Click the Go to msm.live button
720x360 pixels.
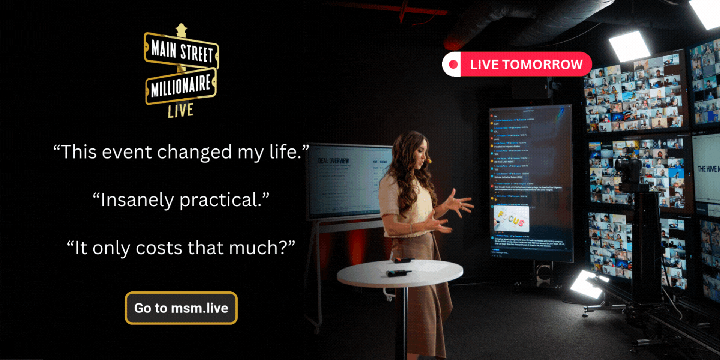[x=181, y=308]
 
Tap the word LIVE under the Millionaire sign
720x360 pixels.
[x=180, y=111]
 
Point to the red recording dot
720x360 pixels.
[x=453, y=64]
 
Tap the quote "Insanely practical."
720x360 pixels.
[x=181, y=200]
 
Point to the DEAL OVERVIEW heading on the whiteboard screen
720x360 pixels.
[x=333, y=161]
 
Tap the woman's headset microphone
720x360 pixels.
[x=429, y=162]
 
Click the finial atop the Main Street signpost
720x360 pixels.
[x=181, y=30]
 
